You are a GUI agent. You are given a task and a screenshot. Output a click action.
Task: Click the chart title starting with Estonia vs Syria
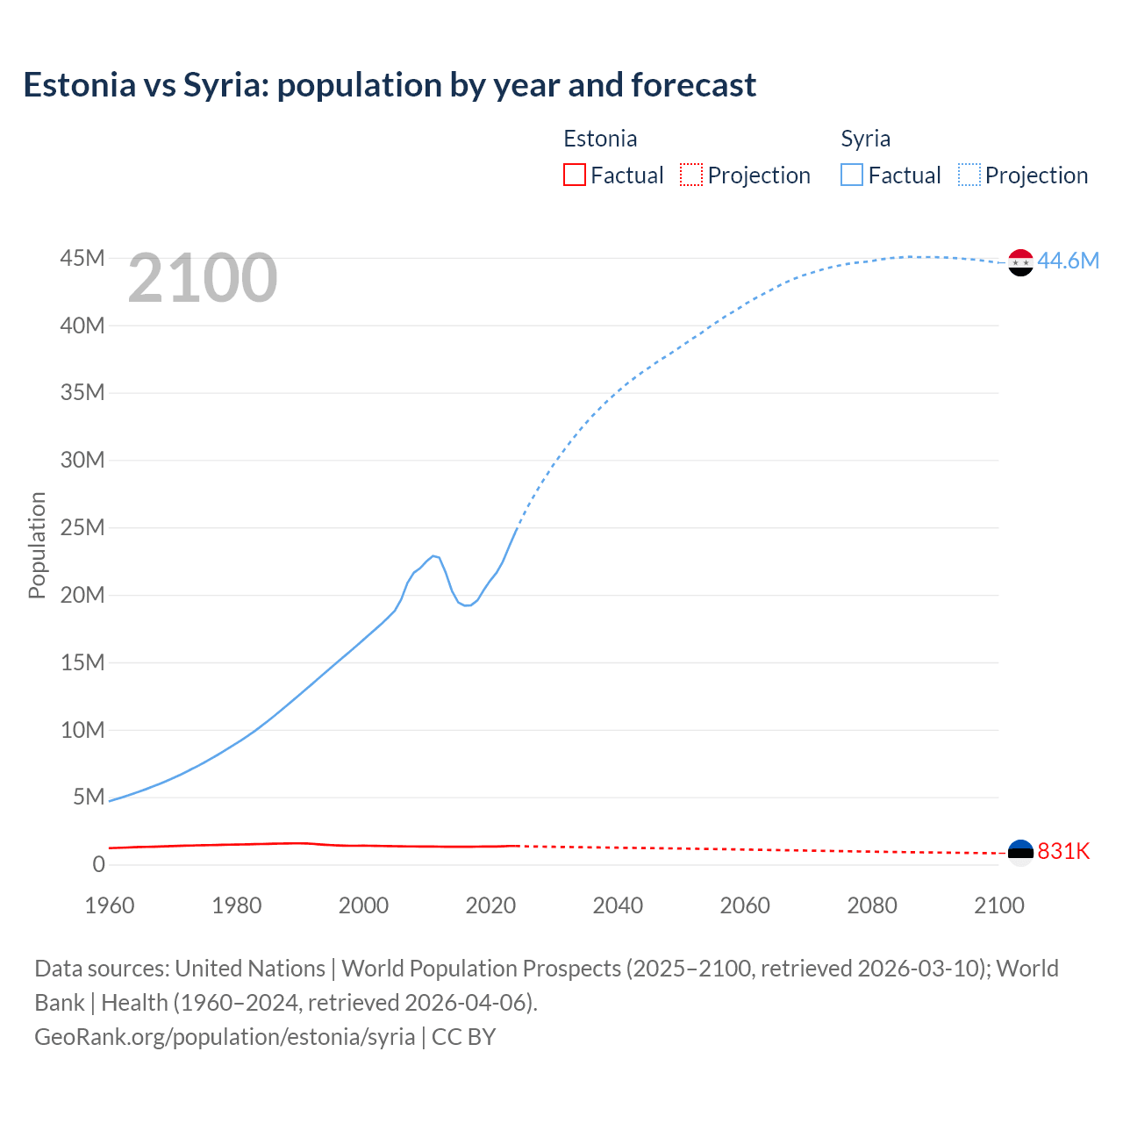390,85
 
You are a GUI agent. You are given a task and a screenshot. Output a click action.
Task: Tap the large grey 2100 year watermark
203,278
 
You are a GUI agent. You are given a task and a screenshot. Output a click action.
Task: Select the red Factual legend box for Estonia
574,175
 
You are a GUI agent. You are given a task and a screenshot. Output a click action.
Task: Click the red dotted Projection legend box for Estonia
691,175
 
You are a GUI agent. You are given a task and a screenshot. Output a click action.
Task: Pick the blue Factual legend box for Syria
852,175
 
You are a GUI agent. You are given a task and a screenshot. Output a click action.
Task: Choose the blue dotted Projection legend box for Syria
969,175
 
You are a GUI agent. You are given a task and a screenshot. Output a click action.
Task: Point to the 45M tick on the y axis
82,258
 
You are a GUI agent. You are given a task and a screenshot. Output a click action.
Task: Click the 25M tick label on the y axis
82,527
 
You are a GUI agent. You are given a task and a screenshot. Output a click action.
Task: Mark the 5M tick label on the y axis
89,797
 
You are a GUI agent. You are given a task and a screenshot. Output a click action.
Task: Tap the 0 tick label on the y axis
98,864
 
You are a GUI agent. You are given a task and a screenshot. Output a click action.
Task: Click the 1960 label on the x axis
110,905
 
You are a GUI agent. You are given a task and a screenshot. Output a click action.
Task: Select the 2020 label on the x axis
490,905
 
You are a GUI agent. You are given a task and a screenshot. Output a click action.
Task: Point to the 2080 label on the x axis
872,905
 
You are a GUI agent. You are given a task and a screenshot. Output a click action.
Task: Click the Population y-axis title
37,545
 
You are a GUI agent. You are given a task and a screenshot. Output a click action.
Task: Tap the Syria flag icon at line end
1020,262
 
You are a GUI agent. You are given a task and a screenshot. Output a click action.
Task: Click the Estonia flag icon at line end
1020,853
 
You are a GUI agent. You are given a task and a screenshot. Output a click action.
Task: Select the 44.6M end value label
1068,261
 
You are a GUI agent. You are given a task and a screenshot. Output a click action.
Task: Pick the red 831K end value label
1063,851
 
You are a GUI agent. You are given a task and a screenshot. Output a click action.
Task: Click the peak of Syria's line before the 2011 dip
433,555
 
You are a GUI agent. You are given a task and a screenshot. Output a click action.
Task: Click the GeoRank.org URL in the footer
225,1036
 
